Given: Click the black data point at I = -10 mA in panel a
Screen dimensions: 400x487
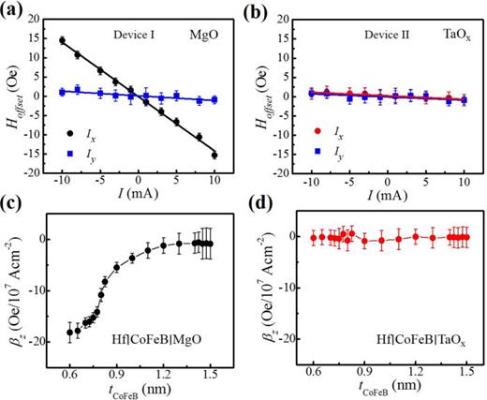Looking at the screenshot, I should (x=62, y=40).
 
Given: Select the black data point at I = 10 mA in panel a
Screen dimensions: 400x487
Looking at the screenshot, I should (x=214, y=155).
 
